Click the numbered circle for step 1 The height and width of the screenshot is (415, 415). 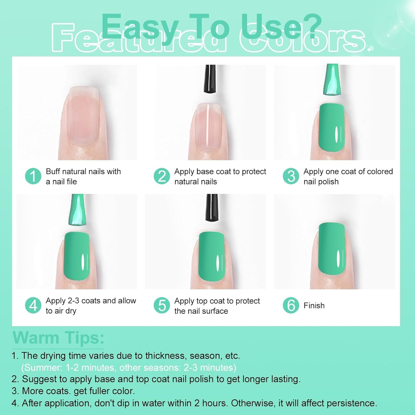point(33,176)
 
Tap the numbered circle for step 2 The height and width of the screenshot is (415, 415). point(162,176)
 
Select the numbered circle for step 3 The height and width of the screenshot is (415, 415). point(291,176)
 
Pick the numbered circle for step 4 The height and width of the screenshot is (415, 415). point(33,305)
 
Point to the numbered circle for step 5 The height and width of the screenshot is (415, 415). point(162,305)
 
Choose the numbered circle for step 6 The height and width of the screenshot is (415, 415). point(291,305)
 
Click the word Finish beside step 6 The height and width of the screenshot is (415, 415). point(314,306)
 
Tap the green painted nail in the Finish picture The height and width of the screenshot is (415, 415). point(332,248)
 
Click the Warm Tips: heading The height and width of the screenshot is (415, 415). point(58,338)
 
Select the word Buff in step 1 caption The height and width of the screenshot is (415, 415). point(53,171)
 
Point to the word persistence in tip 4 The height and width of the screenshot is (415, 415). point(352,403)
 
